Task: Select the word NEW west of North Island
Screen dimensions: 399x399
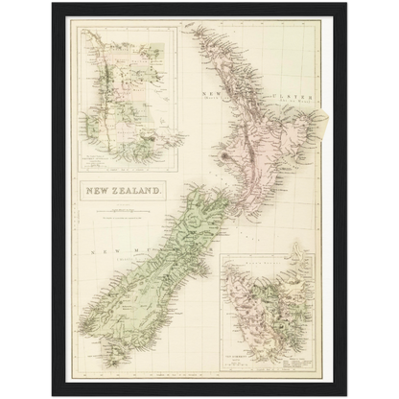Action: click(210, 92)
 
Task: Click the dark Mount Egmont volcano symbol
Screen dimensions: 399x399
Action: click(223, 153)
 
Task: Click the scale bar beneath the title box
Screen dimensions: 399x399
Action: click(122, 208)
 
